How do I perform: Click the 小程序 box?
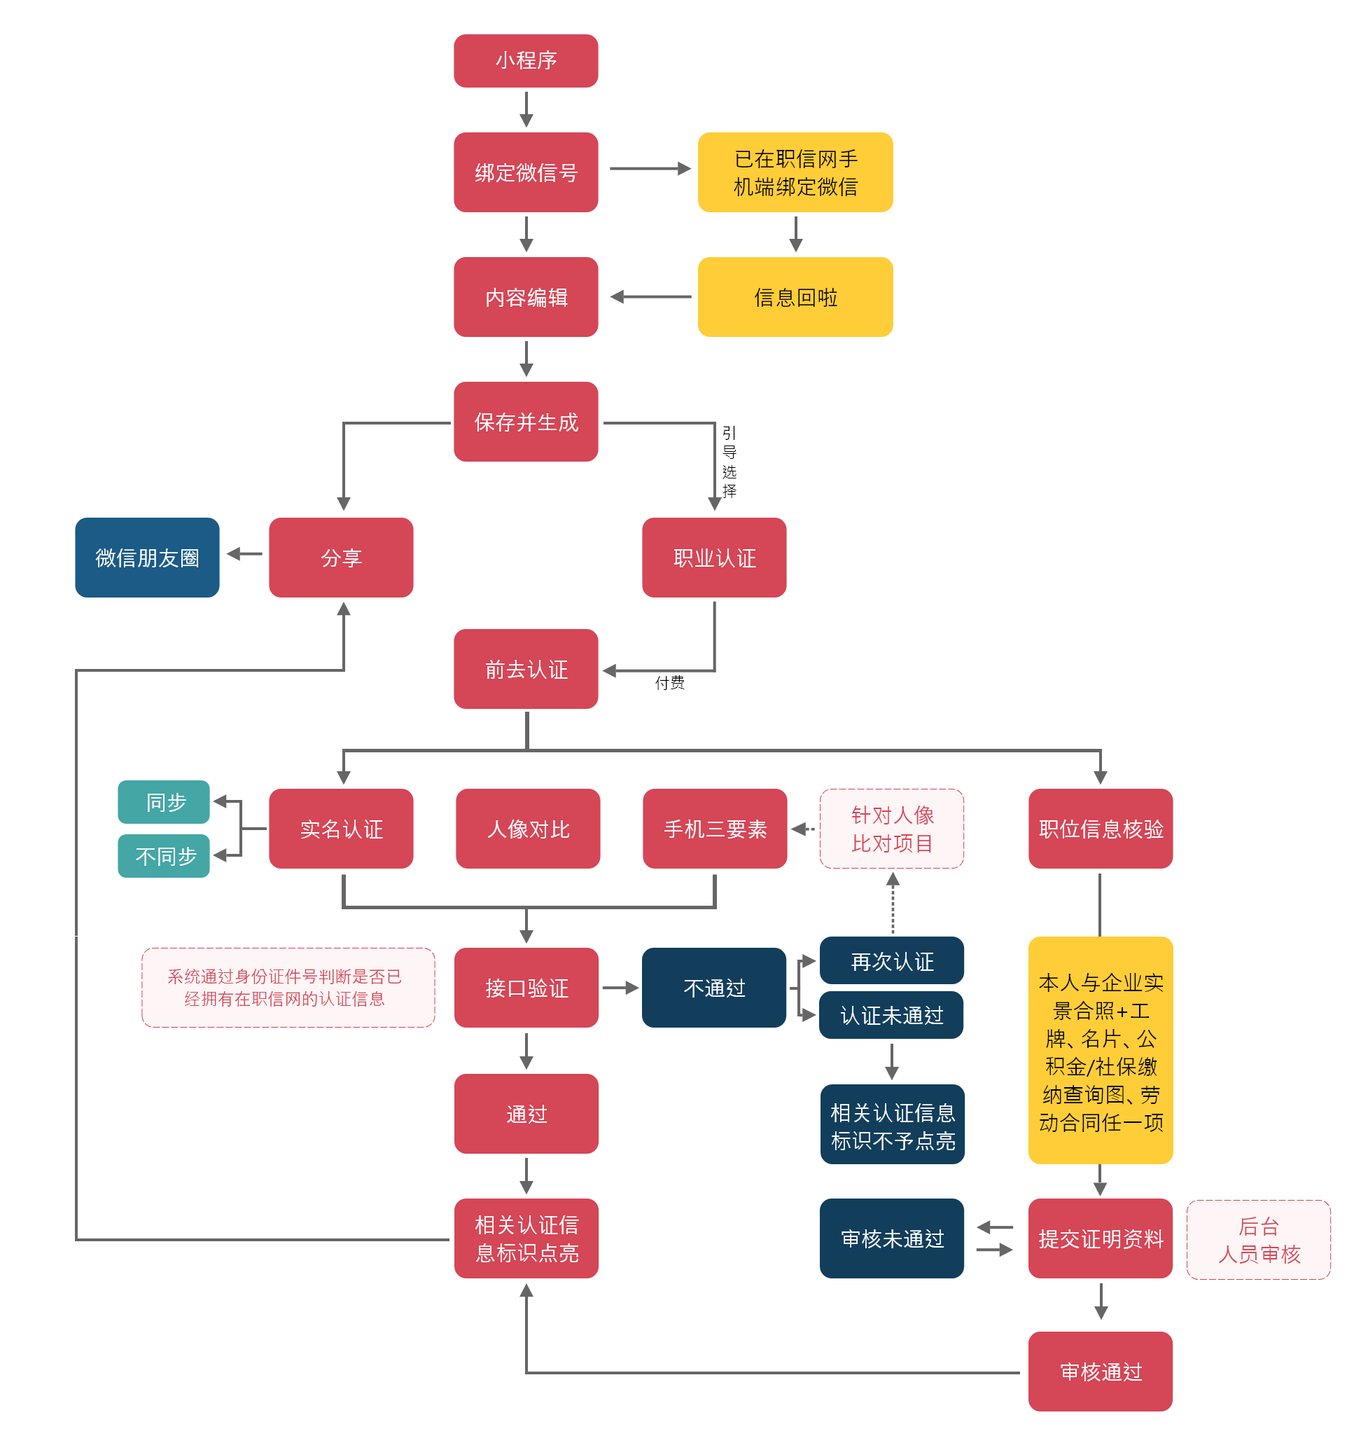click(x=526, y=60)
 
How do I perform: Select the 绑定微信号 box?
click(x=526, y=172)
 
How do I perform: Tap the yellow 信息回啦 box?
click(x=795, y=297)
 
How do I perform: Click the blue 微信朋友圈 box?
click(x=147, y=558)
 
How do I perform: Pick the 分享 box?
click(x=340, y=558)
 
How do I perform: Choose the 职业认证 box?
click(x=714, y=558)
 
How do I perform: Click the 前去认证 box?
click(x=526, y=669)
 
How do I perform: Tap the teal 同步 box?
click(x=164, y=802)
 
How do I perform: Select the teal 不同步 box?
click(x=164, y=856)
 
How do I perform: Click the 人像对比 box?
click(x=528, y=829)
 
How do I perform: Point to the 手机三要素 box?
click(x=715, y=829)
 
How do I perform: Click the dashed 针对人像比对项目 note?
click(x=892, y=829)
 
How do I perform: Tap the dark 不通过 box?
click(x=714, y=988)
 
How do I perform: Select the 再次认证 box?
click(x=892, y=961)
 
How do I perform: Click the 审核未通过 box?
click(x=892, y=1238)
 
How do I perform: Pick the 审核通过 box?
click(x=1101, y=1372)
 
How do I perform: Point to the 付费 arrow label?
click(x=669, y=683)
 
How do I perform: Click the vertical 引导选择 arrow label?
click(x=730, y=462)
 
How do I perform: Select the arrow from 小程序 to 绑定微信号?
click(x=526, y=109)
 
